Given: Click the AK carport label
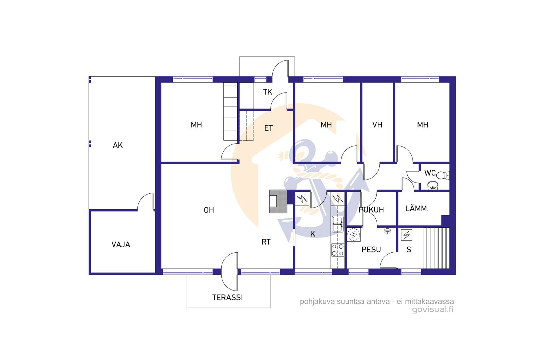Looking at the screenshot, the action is (118, 145).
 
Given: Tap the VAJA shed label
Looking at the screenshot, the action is (121, 245).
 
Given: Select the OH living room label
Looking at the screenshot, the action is (209, 210).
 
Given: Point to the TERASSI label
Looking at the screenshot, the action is (227, 298).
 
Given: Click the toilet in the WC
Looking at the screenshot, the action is (443, 175).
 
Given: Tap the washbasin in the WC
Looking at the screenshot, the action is (433, 186).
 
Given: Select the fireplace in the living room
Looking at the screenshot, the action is (278, 201).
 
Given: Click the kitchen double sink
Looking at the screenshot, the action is (337, 224).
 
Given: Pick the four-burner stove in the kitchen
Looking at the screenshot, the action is (337, 250).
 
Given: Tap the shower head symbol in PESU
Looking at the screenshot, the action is (387, 231).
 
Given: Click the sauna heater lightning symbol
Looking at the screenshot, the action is (406, 235).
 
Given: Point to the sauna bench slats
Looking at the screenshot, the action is (436, 248).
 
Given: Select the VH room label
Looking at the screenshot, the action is (377, 125).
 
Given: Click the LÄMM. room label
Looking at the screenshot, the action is (417, 209).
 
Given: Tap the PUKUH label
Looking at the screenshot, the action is (371, 210).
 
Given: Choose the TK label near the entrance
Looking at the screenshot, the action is (268, 92).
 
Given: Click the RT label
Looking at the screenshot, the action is (266, 242).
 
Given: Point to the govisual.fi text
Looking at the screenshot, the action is (433, 309).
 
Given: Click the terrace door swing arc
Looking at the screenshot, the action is (224, 272).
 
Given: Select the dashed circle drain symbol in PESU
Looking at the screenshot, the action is (354, 234).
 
